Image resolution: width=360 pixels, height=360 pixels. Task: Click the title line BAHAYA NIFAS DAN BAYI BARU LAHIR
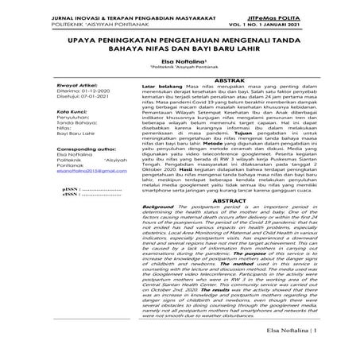(x=180, y=48)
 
